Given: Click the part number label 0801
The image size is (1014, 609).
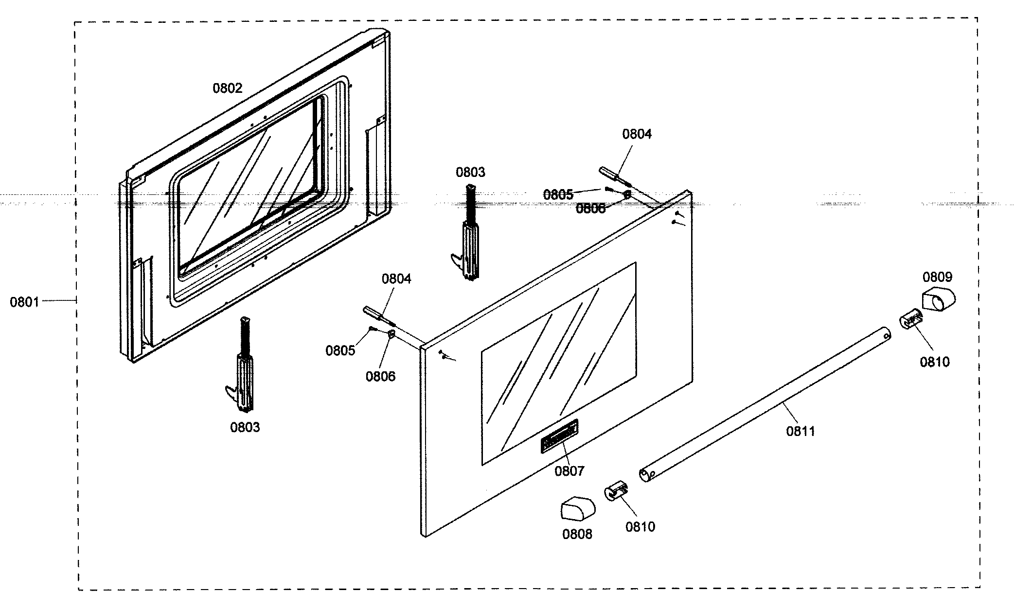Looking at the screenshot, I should point(24,302).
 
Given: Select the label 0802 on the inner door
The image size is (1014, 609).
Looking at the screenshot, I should point(227,88).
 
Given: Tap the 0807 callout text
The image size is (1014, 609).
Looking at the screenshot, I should point(569,470).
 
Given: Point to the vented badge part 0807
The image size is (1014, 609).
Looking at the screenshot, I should point(559,436).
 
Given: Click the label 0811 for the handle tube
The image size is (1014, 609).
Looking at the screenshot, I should point(801,431).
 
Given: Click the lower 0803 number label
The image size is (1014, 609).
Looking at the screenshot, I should point(245,427).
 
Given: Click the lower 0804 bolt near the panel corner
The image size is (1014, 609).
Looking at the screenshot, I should point(380,316).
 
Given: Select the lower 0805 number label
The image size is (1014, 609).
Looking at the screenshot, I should point(340,350).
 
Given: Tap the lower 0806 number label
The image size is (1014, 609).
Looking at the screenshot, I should point(380,376).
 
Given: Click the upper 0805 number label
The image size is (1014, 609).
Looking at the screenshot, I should point(558,195).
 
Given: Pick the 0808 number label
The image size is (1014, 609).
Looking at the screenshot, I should point(577,534).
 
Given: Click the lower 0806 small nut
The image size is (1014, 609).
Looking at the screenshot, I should point(391,333).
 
